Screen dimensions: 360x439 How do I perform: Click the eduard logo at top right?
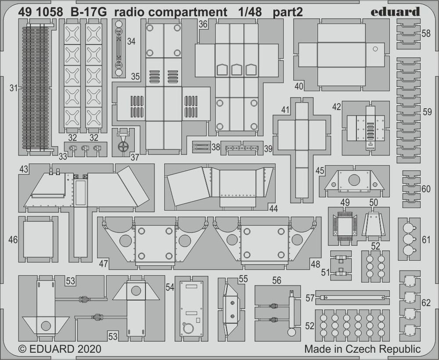point(395,12)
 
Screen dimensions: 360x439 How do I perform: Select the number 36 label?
point(202,25)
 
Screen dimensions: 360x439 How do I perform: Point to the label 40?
point(299,86)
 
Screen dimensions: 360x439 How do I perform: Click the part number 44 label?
point(273,209)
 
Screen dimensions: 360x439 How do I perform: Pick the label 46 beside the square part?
point(13,240)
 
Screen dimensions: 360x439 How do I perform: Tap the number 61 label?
point(426,239)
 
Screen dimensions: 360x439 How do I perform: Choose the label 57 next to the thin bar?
point(310,298)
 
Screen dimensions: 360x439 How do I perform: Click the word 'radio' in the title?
point(128,12)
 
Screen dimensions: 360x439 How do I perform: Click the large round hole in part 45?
point(353,179)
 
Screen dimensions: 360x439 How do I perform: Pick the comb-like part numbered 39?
point(241,148)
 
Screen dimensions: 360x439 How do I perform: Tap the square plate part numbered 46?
point(38,239)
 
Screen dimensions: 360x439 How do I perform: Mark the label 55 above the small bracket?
point(243,278)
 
